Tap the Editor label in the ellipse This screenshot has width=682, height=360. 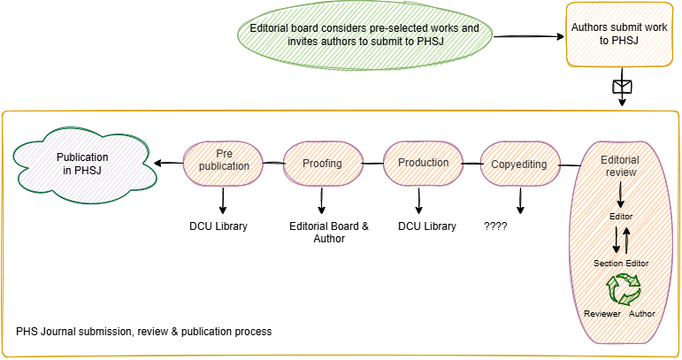(623, 216)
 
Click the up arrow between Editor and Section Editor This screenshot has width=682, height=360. (627, 239)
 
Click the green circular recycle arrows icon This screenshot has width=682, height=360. (623, 288)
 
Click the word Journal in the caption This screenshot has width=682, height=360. (60, 333)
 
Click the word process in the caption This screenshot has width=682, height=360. (252, 333)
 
